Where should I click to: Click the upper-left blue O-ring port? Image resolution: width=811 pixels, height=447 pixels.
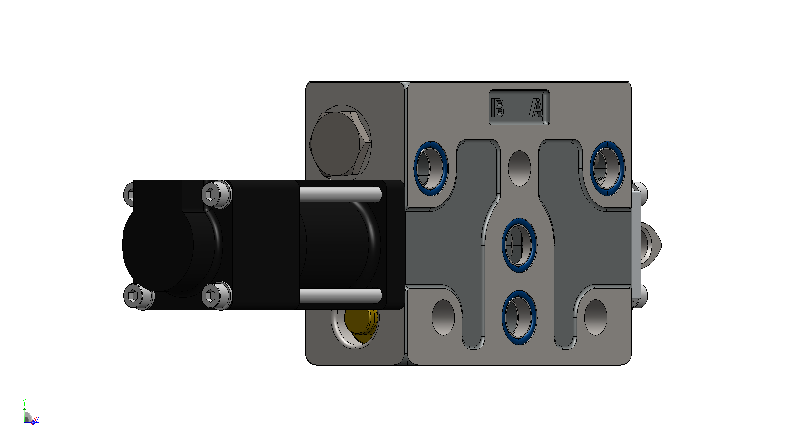431,168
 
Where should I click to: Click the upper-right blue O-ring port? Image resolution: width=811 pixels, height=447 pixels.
607,168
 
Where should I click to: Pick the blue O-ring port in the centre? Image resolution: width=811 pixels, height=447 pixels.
519,245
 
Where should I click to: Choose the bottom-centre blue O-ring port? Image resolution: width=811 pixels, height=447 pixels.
519,317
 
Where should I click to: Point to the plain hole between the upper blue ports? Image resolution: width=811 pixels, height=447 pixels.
519,169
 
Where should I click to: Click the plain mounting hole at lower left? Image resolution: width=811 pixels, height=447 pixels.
443,317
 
